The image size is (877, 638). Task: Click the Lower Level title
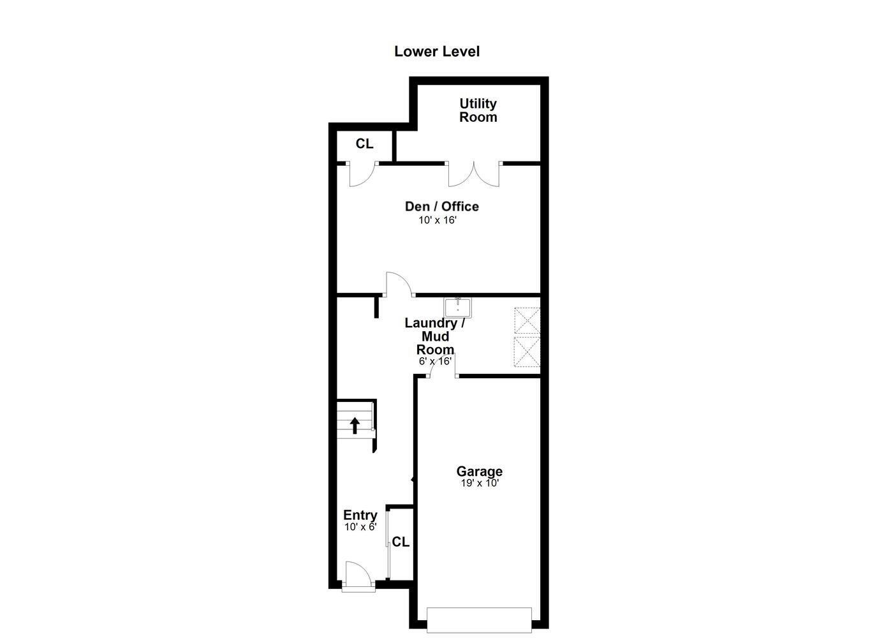[437, 52]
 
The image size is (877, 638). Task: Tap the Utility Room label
[478, 110]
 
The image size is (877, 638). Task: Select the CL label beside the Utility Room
[364, 144]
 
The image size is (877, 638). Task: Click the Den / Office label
[441, 207]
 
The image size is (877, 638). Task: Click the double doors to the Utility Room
[474, 174]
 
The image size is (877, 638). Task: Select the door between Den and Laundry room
[398, 285]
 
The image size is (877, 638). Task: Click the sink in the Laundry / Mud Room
[458, 308]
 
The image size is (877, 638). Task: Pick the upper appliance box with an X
[527, 320]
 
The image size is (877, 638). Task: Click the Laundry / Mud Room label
[435, 336]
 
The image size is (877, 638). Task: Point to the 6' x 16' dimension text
[435, 361]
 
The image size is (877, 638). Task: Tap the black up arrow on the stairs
[355, 425]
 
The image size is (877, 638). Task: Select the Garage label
[479, 471]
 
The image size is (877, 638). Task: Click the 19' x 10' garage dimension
[479, 484]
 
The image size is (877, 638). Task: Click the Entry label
[360, 516]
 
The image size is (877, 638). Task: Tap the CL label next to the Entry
[401, 542]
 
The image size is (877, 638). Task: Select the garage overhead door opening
[478, 620]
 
